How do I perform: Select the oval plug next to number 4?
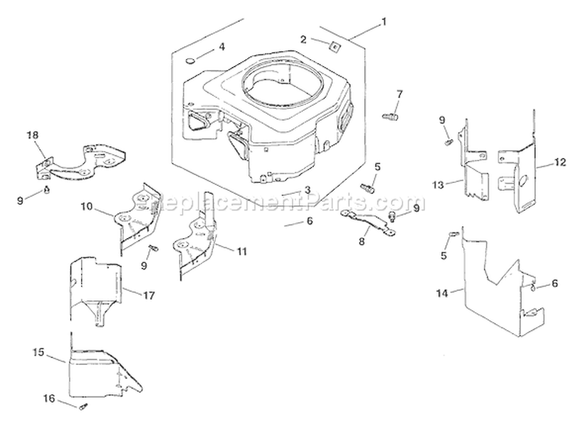192,60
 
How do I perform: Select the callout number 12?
560,163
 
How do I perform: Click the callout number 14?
442,293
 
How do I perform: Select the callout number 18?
33,135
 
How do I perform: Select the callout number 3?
308,191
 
